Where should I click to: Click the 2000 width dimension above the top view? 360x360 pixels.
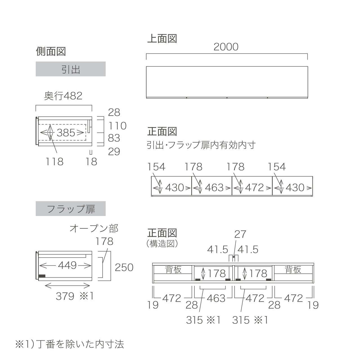(x=226, y=47)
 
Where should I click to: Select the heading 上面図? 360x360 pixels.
(x=162, y=39)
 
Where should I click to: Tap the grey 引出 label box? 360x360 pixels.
(x=71, y=69)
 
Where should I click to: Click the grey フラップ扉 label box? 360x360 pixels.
(x=71, y=208)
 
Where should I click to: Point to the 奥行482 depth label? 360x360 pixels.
(x=63, y=96)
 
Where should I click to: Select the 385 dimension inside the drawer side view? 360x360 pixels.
(x=66, y=133)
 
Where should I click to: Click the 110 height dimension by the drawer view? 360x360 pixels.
(x=117, y=126)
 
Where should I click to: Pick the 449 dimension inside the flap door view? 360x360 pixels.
(x=67, y=265)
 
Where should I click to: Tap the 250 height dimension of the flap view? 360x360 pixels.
(x=124, y=267)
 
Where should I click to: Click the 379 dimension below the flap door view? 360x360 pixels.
(x=65, y=296)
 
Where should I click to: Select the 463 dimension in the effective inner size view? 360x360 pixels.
(x=214, y=188)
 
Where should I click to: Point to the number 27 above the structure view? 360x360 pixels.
(x=240, y=234)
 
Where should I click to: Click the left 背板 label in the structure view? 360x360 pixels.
(x=173, y=270)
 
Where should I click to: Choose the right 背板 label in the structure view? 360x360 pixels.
(x=293, y=270)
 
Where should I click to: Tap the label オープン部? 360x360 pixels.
(x=94, y=228)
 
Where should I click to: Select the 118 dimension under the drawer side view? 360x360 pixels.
(x=55, y=162)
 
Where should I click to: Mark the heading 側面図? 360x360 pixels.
(x=51, y=51)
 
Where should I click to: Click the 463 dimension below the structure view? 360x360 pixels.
(x=216, y=298)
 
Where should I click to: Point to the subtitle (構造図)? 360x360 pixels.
(x=162, y=244)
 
